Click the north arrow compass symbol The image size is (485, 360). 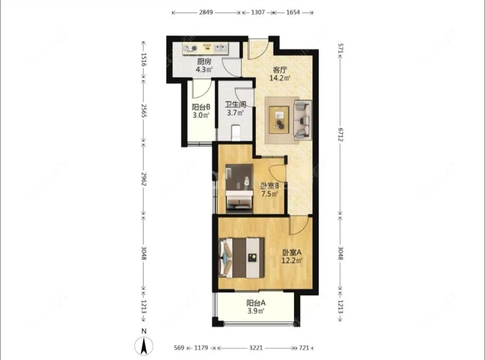[x=144, y=346]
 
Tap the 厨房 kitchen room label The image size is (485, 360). [x=204, y=62]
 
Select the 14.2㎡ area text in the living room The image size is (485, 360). [x=280, y=78]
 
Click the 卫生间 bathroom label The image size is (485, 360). [x=235, y=104]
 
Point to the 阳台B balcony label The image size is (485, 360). [x=201, y=107]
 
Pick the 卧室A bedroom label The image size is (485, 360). [x=292, y=252]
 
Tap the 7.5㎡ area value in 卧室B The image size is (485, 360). [x=270, y=194]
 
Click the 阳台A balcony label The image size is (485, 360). [x=256, y=303]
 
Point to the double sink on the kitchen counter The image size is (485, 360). [x=221, y=48]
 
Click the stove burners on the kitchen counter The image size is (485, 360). [x=190, y=48]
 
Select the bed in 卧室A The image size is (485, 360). [x=241, y=258]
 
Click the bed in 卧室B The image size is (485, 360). [x=239, y=189]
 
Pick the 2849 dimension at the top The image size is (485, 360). [x=206, y=13]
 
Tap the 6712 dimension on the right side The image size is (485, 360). [x=340, y=135]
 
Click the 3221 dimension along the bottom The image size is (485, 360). [x=256, y=348]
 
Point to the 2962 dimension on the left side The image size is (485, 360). [x=144, y=179]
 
